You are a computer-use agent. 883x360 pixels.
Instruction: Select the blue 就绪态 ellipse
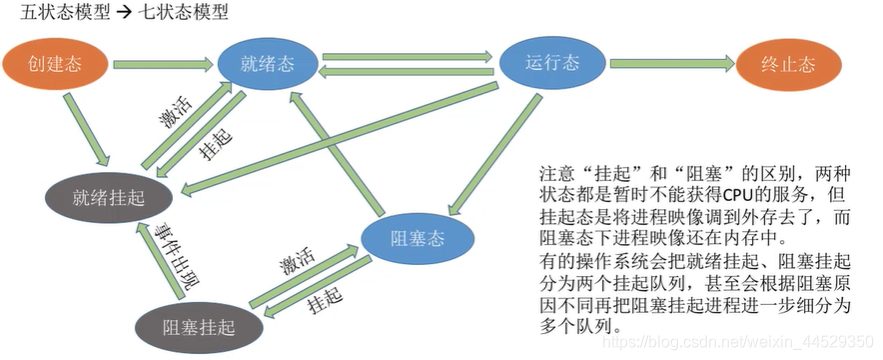click(x=268, y=64)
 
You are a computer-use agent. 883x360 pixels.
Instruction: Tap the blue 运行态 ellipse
click(x=551, y=62)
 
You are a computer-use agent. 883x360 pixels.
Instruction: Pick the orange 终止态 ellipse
click(x=789, y=64)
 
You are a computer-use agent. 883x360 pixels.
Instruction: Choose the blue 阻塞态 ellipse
click(x=417, y=238)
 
